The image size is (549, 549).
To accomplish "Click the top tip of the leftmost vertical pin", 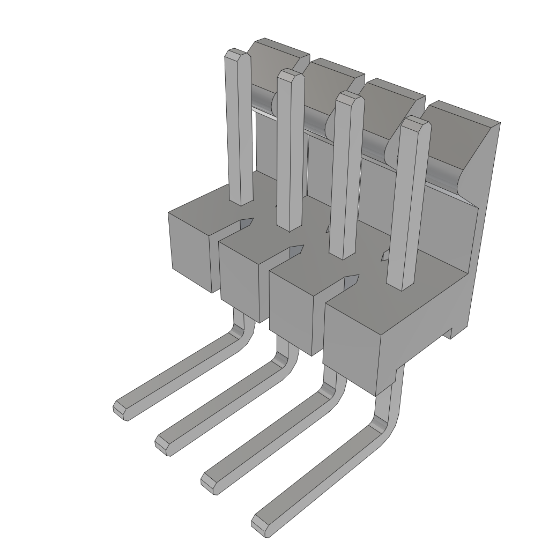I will (236, 53).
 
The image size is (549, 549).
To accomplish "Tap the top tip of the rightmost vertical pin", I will (416, 122).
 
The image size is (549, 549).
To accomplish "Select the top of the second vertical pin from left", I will (291, 75).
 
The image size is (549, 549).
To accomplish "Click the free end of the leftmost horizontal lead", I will (121, 410).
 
